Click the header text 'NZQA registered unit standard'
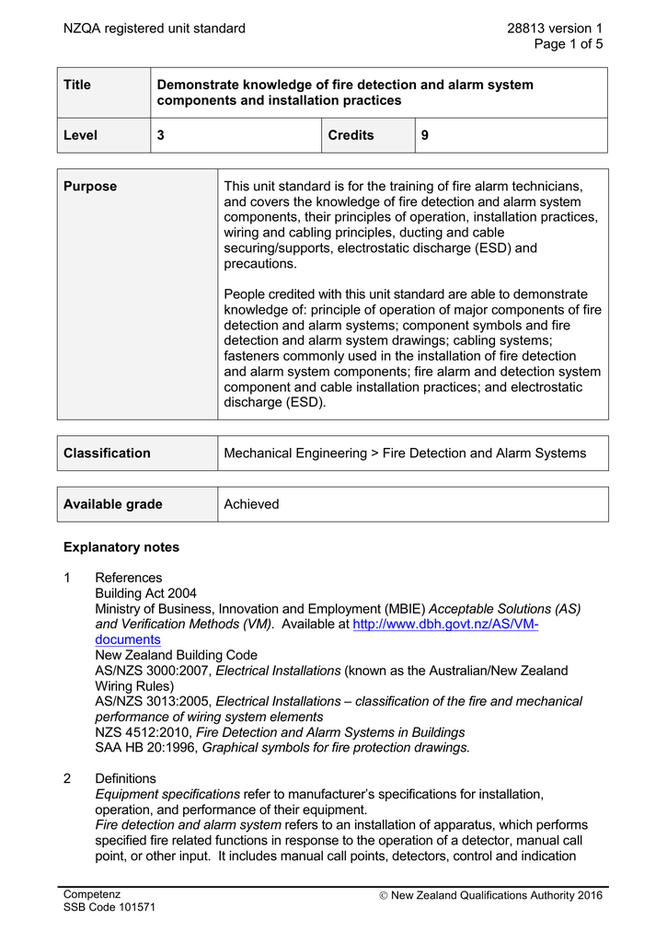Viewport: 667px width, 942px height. click(x=154, y=29)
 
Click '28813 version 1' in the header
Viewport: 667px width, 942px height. click(x=555, y=29)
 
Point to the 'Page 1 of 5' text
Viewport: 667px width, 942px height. click(x=569, y=44)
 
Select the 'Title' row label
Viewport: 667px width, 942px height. click(x=77, y=85)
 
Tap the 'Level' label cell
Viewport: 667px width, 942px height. click(x=80, y=135)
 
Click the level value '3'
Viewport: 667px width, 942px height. click(x=161, y=135)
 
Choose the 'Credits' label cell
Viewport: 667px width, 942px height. click(x=351, y=135)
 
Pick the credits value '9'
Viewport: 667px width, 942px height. click(x=425, y=135)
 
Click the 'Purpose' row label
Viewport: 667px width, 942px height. click(x=90, y=186)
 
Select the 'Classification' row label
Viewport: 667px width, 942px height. click(x=107, y=453)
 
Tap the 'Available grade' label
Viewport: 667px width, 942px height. click(x=112, y=504)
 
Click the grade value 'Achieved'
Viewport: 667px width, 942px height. click(x=251, y=504)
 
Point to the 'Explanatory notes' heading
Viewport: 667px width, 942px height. click(x=121, y=547)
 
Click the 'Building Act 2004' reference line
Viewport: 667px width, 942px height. click(x=145, y=593)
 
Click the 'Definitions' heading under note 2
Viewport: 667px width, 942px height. click(x=126, y=778)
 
